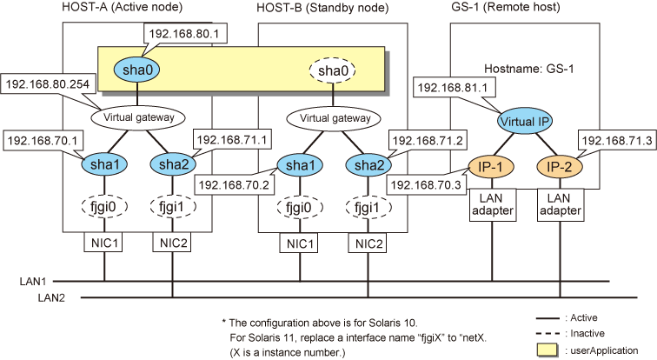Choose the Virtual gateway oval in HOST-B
point(332,116)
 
